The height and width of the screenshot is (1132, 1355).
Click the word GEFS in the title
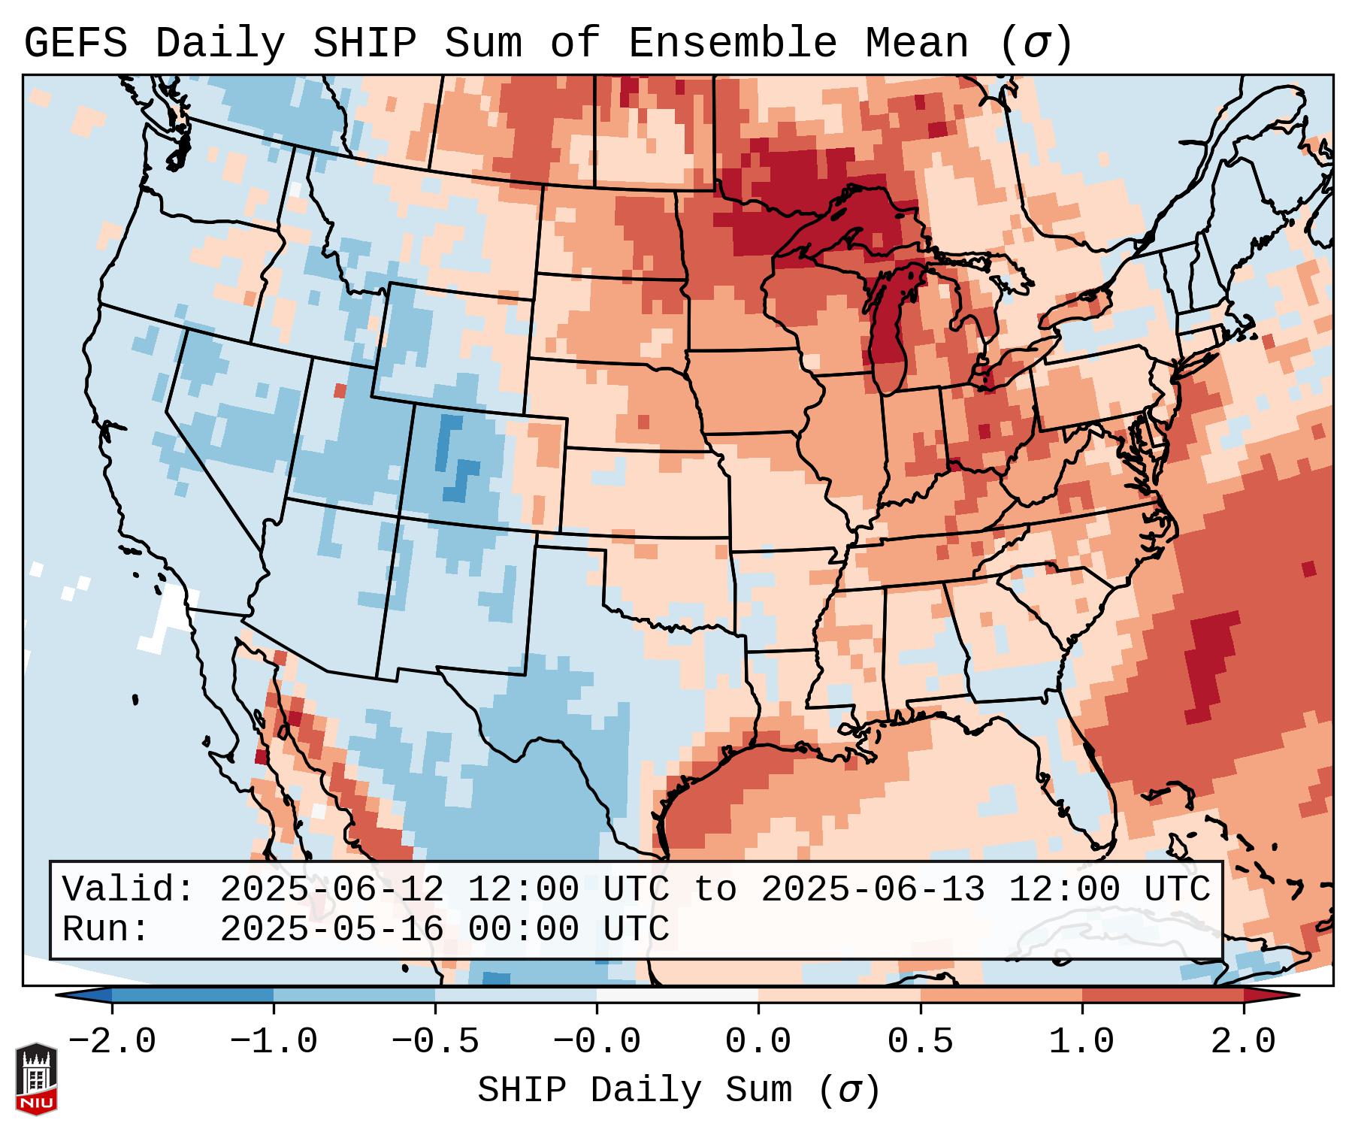75,44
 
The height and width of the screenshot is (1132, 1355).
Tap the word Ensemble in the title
732,44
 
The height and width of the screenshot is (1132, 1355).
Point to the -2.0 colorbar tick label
112,1041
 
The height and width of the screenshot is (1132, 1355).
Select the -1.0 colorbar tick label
274,1041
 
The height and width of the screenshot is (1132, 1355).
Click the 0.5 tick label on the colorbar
920,1041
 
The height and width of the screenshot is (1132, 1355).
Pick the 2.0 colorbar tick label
1243,1041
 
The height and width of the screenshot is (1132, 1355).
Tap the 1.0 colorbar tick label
1081,1041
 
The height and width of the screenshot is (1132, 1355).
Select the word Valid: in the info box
128,889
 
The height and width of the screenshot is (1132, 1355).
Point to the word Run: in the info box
105,929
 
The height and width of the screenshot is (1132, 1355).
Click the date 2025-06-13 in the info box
873,889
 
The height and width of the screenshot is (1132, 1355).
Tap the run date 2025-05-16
331,929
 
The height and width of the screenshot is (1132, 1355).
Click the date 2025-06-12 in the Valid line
331,889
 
